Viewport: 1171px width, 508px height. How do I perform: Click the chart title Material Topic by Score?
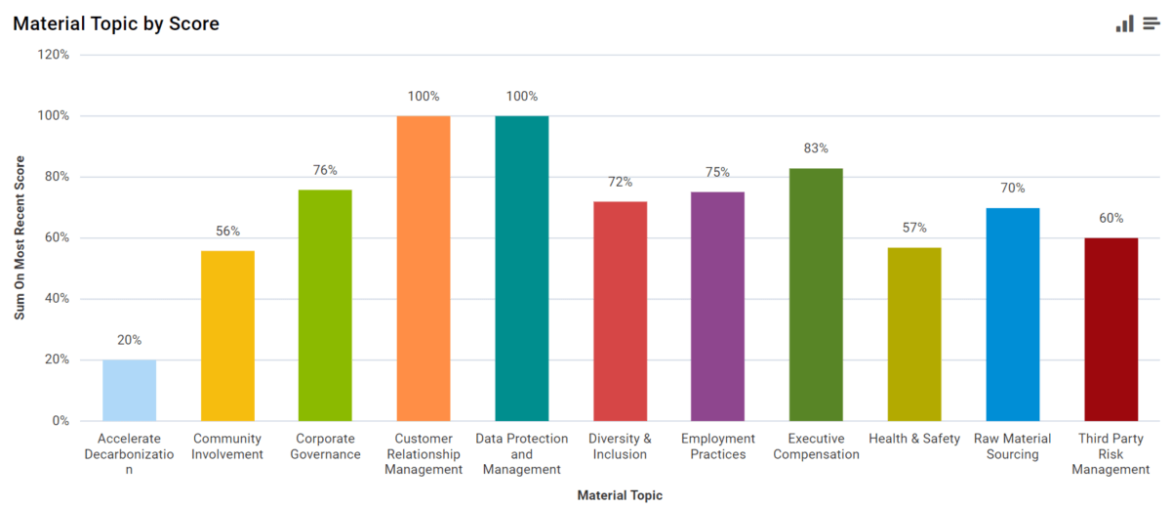coord(116,23)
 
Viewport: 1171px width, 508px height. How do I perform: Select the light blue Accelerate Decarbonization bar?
coord(129,390)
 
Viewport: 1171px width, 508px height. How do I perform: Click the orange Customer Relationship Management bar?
coord(424,268)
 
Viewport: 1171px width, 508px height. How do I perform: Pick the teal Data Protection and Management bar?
coord(522,268)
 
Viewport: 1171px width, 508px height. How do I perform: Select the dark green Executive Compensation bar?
coord(816,294)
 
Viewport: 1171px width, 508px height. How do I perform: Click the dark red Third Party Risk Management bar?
coord(1110,329)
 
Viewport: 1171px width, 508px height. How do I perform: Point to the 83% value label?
coord(816,148)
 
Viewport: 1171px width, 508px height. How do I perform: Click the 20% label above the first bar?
coord(129,340)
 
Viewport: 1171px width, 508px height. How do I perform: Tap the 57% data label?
coord(914,228)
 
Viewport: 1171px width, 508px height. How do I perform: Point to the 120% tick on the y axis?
coord(53,55)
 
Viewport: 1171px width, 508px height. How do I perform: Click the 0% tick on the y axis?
coord(60,421)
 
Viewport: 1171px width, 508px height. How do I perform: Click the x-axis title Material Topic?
coord(620,495)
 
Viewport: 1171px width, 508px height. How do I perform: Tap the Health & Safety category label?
coord(914,439)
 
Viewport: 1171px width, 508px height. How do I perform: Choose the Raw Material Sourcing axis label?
coord(1013,446)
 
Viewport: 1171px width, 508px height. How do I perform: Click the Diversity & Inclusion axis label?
coord(620,446)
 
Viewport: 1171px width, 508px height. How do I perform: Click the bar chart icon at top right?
coord(1125,23)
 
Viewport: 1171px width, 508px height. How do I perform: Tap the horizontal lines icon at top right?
coord(1151,23)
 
